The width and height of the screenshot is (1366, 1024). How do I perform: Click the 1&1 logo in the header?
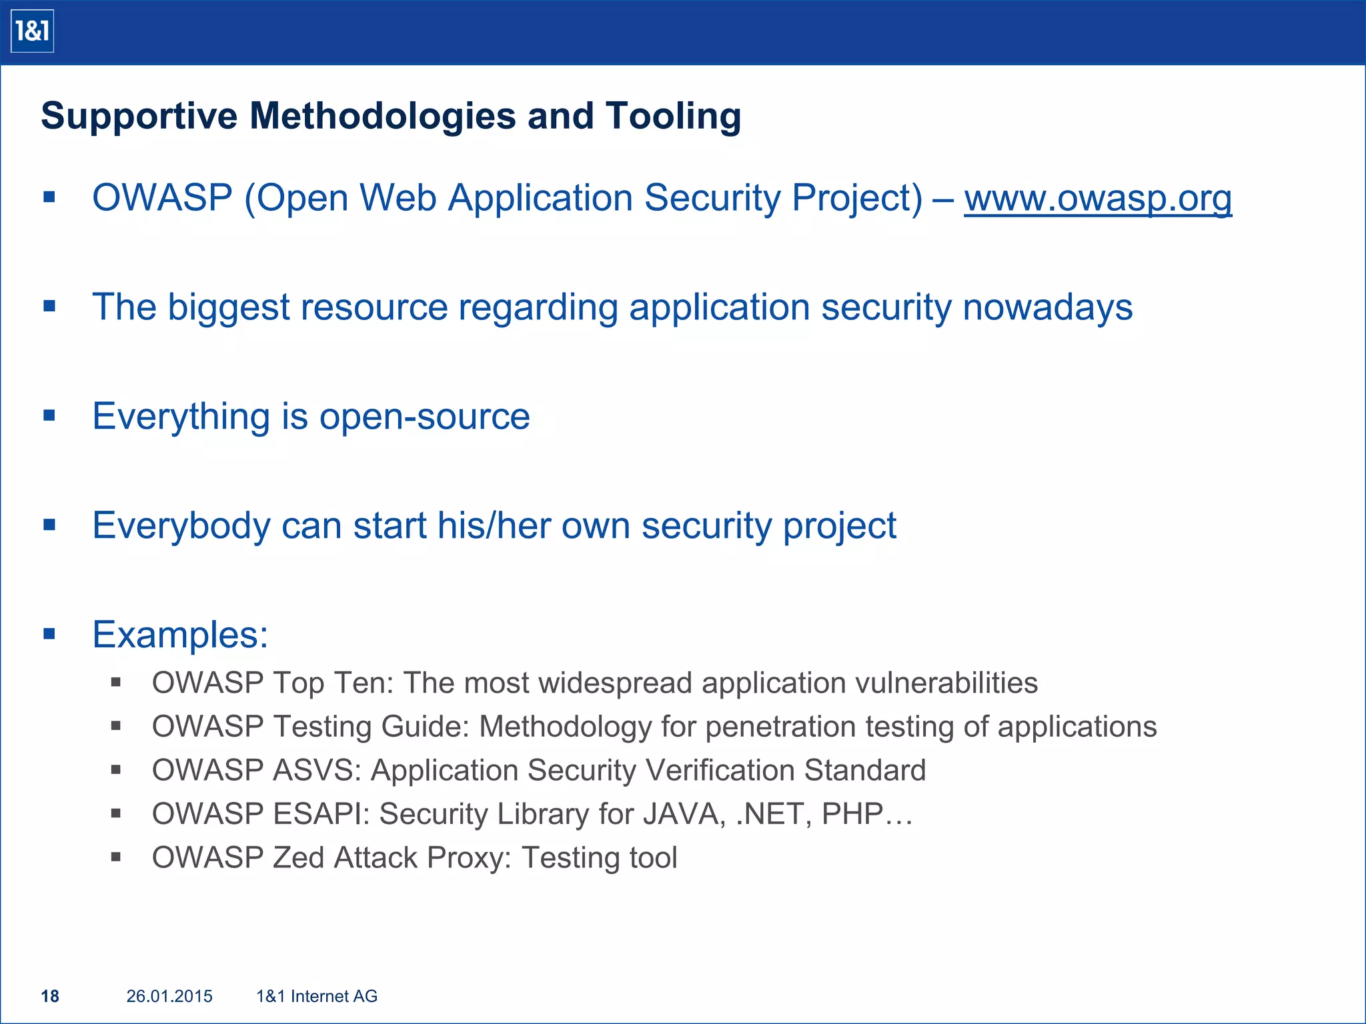(32, 31)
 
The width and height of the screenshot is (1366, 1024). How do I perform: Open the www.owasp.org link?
(1097, 198)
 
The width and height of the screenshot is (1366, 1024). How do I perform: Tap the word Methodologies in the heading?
(382, 116)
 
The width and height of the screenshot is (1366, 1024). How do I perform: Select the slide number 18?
(50, 996)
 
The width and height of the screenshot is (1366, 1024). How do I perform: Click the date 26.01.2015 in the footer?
(169, 996)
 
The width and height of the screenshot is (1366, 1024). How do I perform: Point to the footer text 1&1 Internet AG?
(317, 996)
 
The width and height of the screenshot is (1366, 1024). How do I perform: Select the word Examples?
(180, 634)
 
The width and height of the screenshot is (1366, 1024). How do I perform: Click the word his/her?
(494, 525)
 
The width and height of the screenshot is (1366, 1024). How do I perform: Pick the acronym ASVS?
(317, 770)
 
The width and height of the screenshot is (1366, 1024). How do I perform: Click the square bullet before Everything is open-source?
(49, 416)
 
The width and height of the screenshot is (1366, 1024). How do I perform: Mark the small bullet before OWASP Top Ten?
(116, 682)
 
